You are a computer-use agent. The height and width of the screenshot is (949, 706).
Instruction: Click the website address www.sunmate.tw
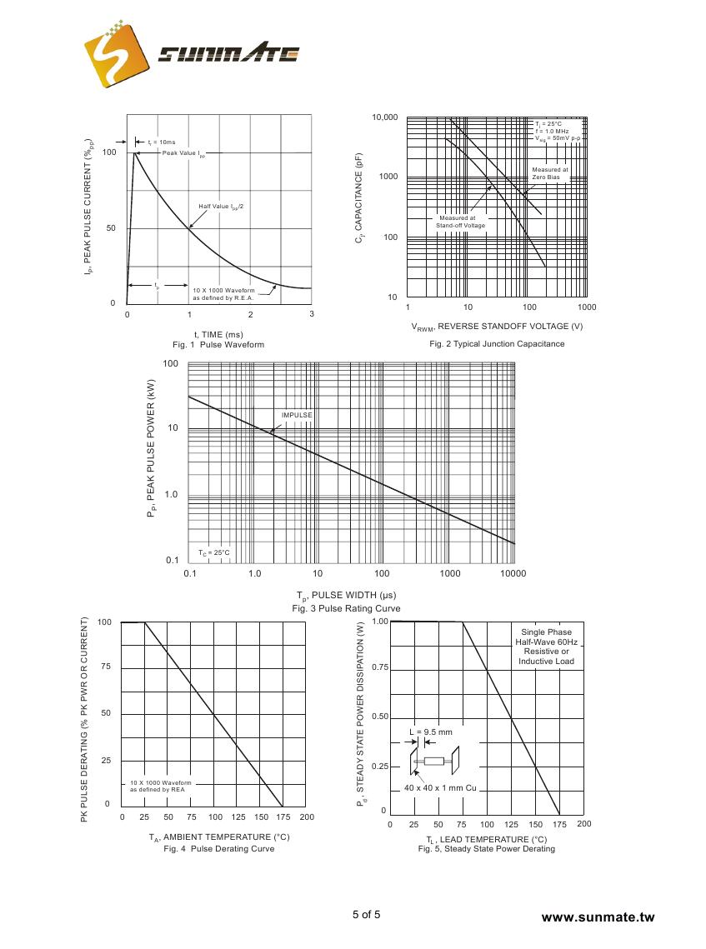tap(598, 917)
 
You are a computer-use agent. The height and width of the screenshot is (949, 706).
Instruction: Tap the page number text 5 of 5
tap(366, 914)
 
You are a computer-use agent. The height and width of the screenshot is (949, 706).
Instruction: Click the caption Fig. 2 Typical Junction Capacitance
tap(497, 344)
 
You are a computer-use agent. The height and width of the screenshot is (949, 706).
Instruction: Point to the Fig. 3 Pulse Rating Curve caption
tap(346, 609)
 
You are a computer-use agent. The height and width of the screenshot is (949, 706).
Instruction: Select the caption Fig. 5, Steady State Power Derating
tap(486, 849)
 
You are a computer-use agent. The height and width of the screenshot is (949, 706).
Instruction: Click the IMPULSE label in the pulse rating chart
tap(297, 415)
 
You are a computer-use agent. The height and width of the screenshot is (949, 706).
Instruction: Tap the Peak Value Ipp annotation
tap(183, 153)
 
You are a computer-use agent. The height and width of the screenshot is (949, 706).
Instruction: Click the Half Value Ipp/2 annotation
tap(221, 206)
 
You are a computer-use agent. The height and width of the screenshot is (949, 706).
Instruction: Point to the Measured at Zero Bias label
tap(550, 173)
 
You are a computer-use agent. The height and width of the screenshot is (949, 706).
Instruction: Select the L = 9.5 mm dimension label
tap(431, 732)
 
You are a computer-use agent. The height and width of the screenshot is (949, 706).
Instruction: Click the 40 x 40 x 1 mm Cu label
tap(440, 787)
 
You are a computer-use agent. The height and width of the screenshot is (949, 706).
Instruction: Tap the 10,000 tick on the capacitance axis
tap(385, 117)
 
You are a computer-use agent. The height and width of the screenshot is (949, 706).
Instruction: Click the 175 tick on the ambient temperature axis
tap(285, 817)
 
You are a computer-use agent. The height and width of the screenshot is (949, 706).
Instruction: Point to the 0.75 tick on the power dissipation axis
tap(379, 667)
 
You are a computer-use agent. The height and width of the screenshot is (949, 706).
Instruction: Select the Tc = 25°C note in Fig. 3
tap(214, 552)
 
